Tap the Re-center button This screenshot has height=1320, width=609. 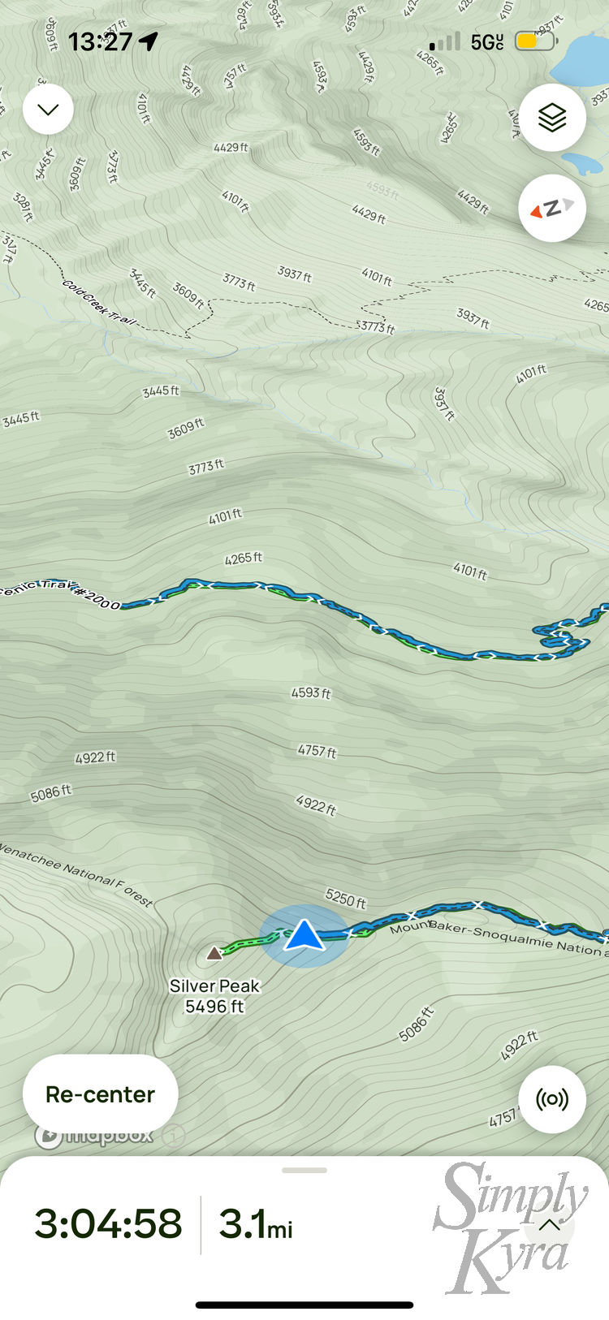(x=100, y=1094)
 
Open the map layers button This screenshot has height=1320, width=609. (x=552, y=118)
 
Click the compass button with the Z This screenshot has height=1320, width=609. (x=552, y=209)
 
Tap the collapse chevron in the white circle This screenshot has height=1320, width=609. (x=48, y=110)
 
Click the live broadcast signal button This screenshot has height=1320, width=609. (x=552, y=1100)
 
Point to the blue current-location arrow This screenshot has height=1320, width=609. (x=304, y=935)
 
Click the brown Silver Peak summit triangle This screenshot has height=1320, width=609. (x=214, y=953)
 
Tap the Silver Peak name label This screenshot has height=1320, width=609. (x=214, y=986)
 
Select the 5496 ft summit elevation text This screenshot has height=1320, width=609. (x=214, y=1007)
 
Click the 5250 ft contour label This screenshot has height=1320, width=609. (x=346, y=898)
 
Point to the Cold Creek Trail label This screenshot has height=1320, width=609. (x=99, y=303)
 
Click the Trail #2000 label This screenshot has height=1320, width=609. (x=61, y=593)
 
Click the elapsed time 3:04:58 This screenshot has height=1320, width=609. (x=108, y=1223)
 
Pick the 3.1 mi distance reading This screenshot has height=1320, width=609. (x=256, y=1224)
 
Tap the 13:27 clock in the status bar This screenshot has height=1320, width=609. (x=100, y=41)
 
